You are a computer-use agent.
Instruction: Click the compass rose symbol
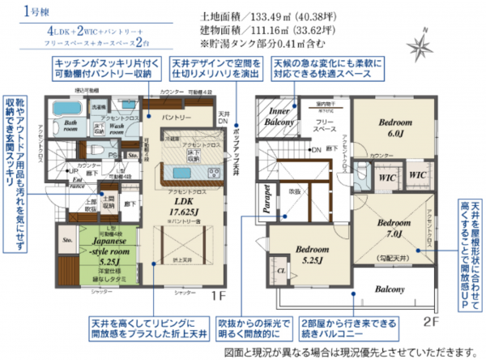pyautogui.click(x=421, y=41)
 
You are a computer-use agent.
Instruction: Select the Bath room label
pyautogui.click(x=66, y=126)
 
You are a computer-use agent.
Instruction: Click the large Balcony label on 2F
pyautogui.click(x=390, y=289)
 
